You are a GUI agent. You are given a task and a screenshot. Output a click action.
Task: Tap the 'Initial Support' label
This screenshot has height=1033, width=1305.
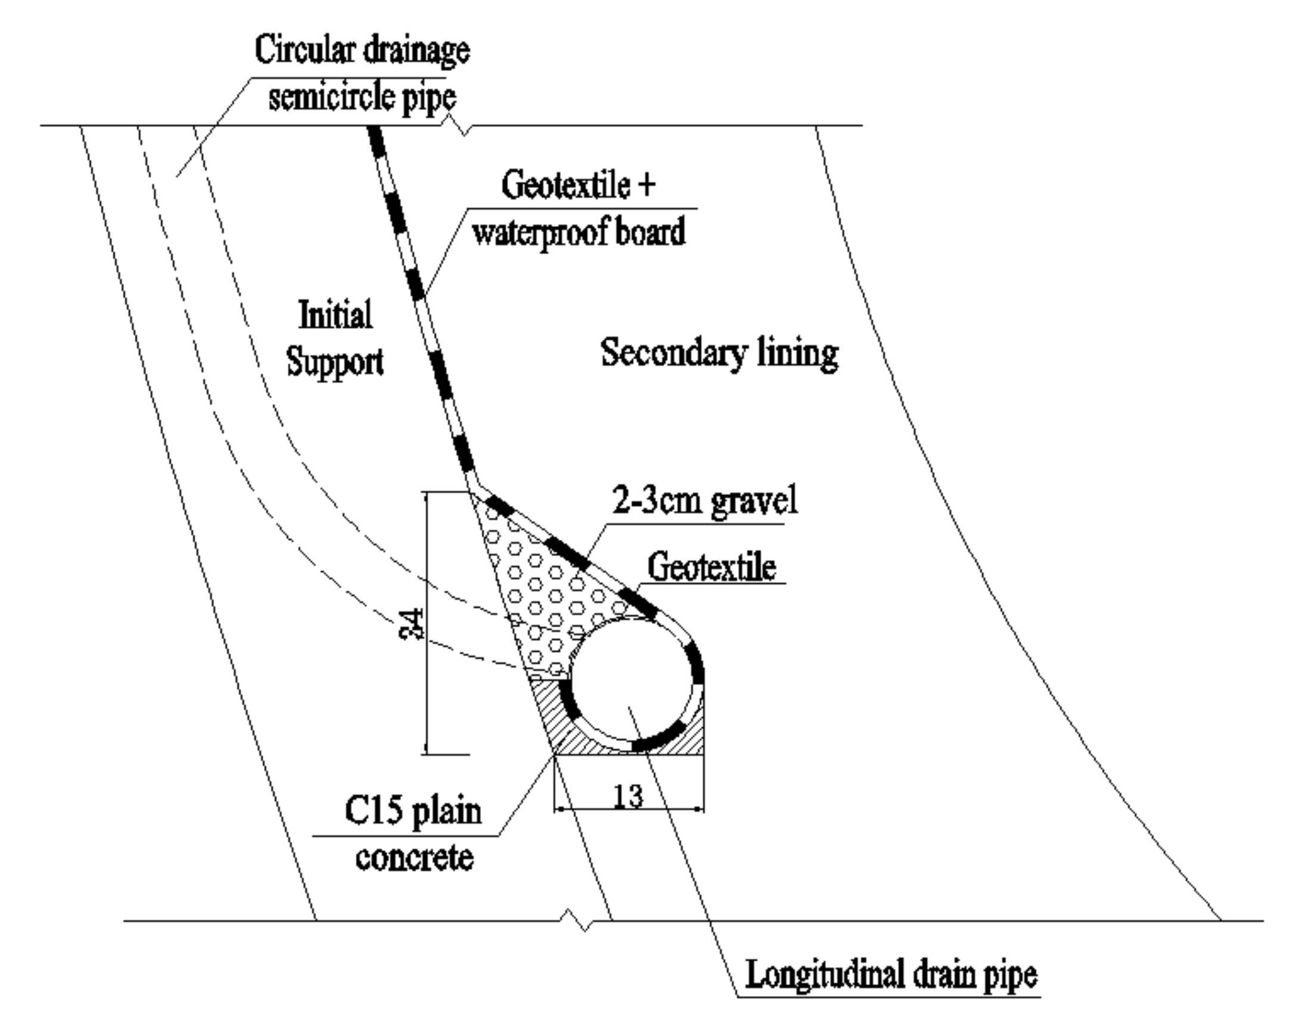coord(335,339)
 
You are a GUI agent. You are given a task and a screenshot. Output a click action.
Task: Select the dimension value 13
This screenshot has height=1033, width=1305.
coord(628,796)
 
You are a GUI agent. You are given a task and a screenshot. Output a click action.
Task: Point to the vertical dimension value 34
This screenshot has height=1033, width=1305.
coord(413,624)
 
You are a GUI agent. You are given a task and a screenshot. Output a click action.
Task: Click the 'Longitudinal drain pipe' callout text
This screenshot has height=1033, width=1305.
coord(891,974)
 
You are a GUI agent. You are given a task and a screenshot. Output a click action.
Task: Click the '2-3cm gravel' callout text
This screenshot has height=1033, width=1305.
coord(705,501)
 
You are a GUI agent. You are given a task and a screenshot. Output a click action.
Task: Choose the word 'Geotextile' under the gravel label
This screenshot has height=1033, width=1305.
coord(711,567)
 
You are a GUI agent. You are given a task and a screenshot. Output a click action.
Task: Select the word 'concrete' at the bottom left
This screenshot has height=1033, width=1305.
coord(414,858)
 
